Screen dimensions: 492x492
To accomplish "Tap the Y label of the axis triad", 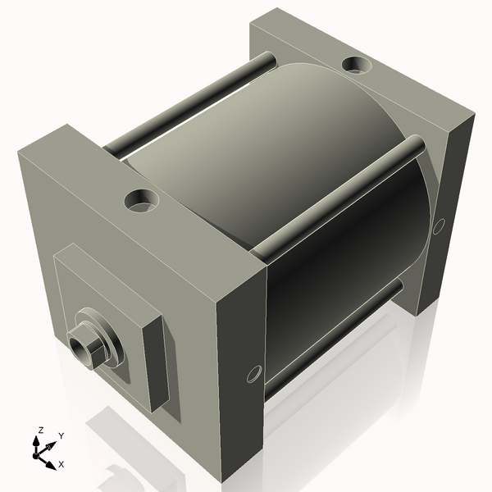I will pyautogui.click(x=61, y=435).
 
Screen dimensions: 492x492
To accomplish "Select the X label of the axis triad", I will pyautogui.click(x=61, y=464).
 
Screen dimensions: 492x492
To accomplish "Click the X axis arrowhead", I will pyautogui.click(x=52, y=459).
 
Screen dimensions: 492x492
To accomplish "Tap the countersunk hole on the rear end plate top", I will pyautogui.click(x=357, y=63).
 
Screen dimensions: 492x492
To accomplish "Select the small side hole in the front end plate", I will pyautogui.click(x=252, y=374).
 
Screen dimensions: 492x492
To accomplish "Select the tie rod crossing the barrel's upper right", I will pyautogui.click(x=344, y=197).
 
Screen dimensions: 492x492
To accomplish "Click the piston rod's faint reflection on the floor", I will pyautogui.click(x=115, y=476).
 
